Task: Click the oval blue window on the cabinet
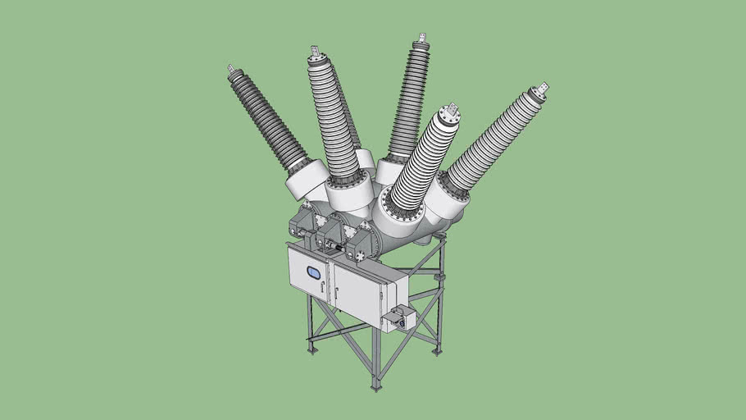[313, 273]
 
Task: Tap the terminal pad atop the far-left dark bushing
[231, 69]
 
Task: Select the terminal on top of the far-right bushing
[542, 89]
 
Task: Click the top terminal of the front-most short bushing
[450, 111]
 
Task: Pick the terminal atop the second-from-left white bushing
[316, 52]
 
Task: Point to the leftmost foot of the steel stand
[312, 350]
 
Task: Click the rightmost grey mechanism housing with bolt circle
[362, 242]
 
